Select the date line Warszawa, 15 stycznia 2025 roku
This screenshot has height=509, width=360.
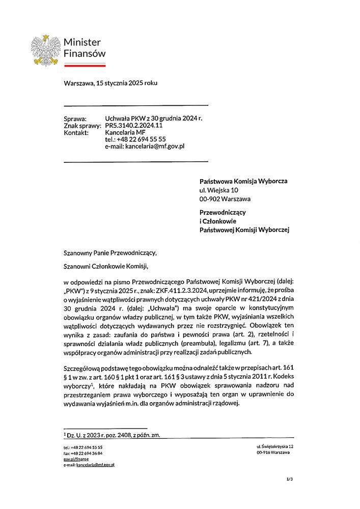(110, 83)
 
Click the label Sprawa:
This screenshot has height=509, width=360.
(75, 119)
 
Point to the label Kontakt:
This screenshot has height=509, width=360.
(76, 132)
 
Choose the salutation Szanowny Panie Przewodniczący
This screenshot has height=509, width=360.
(110, 252)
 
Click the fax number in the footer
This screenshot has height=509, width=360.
(83, 453)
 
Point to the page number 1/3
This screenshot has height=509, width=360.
(290, 479)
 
